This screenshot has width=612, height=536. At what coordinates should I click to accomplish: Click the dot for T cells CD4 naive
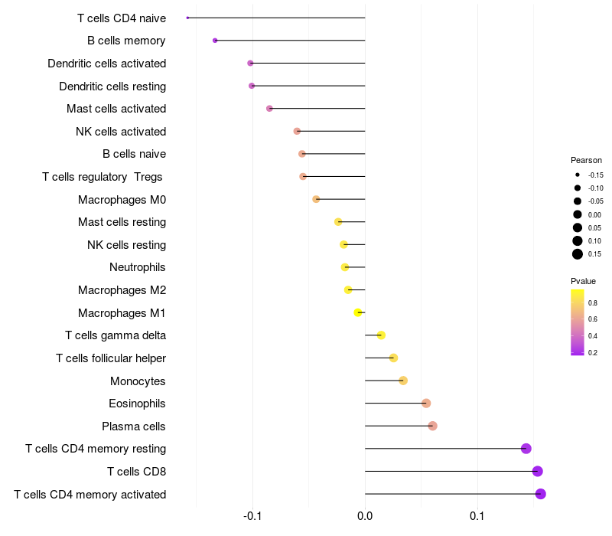point(187,18)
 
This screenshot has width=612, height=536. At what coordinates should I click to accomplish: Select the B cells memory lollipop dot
point(215,41)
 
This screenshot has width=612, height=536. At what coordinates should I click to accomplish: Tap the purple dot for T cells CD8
point(538,471)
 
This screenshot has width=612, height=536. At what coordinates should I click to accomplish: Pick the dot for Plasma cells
point(433,426)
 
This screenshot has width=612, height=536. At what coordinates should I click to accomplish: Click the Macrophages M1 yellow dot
point(358,312)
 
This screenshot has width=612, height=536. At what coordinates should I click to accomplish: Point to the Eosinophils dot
point(426,404)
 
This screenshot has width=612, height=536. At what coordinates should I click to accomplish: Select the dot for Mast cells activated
point(269,109)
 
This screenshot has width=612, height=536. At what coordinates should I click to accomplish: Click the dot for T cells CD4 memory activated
point(541,494)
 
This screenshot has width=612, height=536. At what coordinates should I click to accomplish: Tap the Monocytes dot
point(403,381)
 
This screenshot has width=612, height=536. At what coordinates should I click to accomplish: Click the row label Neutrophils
point(138,267)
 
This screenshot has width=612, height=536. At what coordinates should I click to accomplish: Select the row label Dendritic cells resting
point(112,86)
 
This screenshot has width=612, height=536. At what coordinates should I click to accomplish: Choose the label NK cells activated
point(121,132)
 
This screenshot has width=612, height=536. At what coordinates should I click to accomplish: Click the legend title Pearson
point(586,161)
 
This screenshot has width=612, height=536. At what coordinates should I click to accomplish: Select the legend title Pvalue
point(583,281)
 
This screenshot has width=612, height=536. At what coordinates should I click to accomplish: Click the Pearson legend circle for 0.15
point(578,254)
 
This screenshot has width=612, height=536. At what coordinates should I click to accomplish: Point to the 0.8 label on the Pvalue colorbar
point(593,303)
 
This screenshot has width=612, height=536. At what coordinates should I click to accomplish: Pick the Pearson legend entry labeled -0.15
point(578,175)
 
